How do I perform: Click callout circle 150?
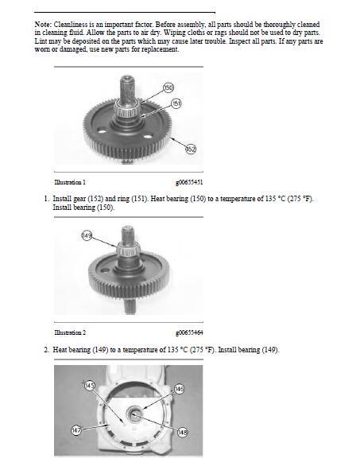tap(168, 88)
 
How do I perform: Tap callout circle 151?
tap(176, 103)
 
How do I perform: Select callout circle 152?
tap(191, 149)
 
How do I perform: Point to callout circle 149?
tap(87, 235)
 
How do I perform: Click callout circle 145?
tap(89, 386)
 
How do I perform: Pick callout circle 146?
tap(179, 389)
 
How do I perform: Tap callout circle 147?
tap(76, 430)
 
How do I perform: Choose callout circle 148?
tap(182, 433)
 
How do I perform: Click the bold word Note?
tap(43, 25)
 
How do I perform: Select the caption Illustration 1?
tap(70, 182)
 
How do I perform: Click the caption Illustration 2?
tap(70, 332)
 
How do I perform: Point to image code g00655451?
tap(189, 182)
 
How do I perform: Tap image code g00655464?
tap(189, 332)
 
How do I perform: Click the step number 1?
tap(46, 199)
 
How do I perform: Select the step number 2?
tap(46, 350)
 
